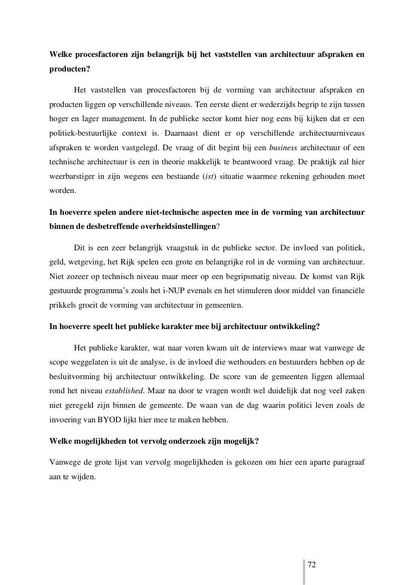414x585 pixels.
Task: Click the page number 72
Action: pos(312,564)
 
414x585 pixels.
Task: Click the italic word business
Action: pos(283,148)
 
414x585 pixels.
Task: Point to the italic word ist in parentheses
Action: pos(208,176)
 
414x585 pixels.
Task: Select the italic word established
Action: pos(124,391)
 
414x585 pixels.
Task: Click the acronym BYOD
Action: pos(109,419)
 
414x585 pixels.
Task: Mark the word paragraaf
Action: pos(348,462)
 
